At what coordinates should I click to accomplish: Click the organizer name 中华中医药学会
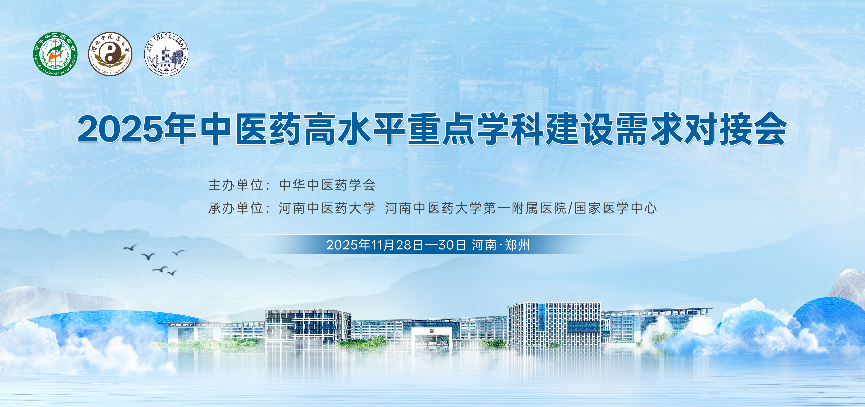pyautogui.click(x=327, y=185)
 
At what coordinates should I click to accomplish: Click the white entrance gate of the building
pyautogui.click(x=432, y=339)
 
